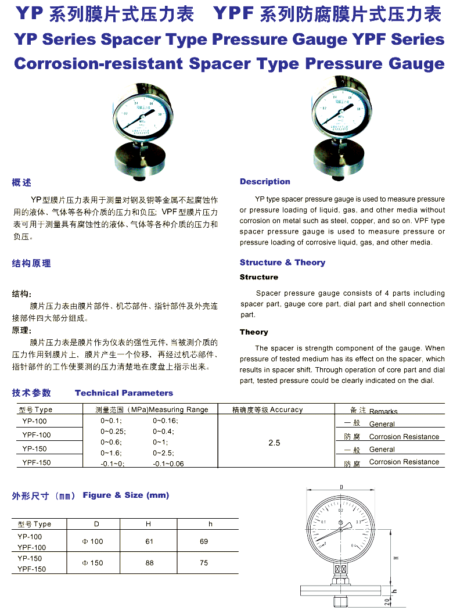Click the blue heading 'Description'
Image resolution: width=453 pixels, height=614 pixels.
pyautogui.click(x=265, y=182)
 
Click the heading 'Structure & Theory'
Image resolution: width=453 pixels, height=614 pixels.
pyautogui.click(x=282, y=263)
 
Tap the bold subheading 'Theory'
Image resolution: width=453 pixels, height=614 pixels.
pyautogui.click(x=254, y=332)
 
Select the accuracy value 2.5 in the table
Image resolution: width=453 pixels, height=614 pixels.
pyautogui.click(x=274, y=443)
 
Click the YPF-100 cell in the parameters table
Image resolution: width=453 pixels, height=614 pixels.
pyautogui.click(x=37, y=435)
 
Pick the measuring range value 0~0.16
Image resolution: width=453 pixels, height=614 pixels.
pyautogui.click(x=166, y=421)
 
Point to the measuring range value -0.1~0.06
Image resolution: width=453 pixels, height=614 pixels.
pyautogui.click(x=168, y=464)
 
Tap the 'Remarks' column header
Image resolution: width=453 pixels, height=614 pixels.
pyautogui.click(x=383, y=411)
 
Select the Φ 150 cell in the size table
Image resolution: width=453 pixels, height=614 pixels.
pyautogui.click(x=93, y=563)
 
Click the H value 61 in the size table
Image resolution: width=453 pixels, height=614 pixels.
pyautogui.click(x=149, y=541)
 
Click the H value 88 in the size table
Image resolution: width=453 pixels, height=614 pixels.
pyautogui.click(x=149, y=563)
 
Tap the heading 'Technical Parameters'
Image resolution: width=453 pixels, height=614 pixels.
pyautogui.click(x=124, y=393)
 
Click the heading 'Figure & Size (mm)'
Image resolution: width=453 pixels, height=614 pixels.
pyautogui.click(x=126, y=495)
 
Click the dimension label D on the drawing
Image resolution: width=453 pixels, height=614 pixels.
pyautogui.click(x=341, y=487)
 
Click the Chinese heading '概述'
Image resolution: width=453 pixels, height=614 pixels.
pyautogui.click(x=21, y=183)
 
